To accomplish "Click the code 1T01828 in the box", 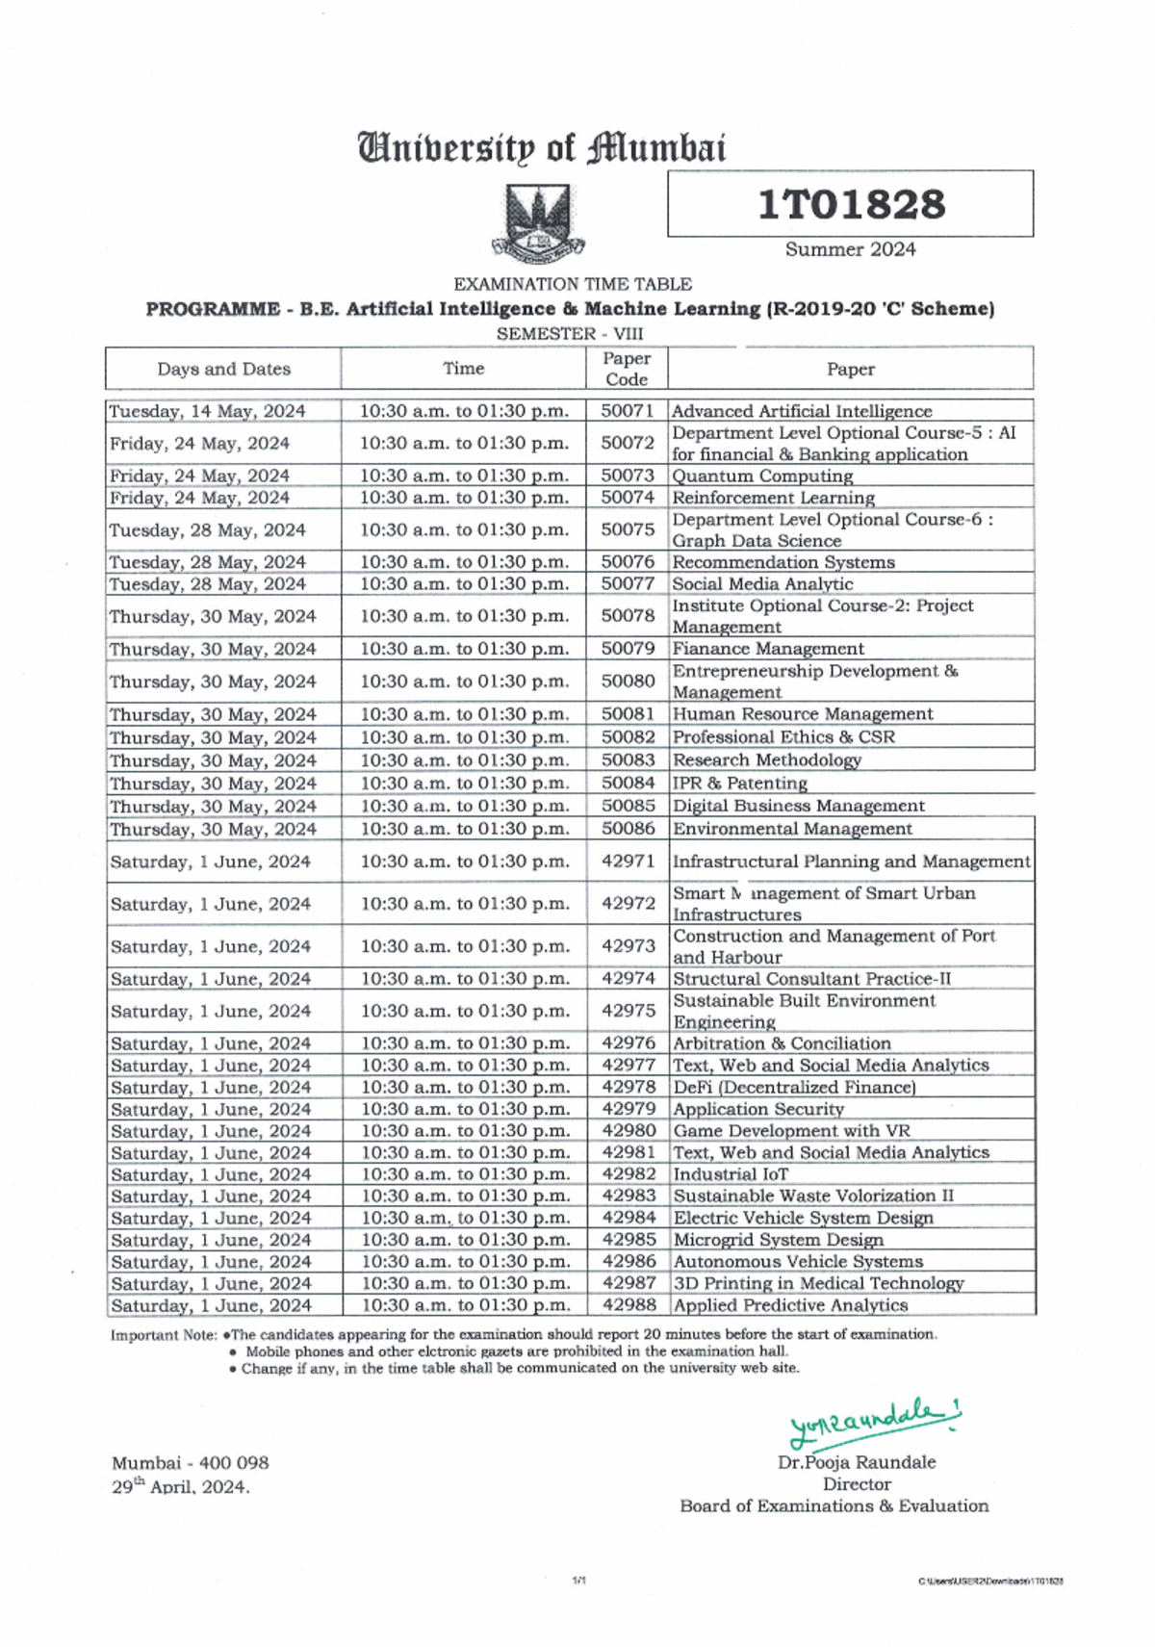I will pos(851,204).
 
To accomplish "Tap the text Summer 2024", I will pos(850,249).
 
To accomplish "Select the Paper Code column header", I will pos(627,369).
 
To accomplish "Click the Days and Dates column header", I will pos(223,369).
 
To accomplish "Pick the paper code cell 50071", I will pos(628,411).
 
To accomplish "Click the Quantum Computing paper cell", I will pos(762,476).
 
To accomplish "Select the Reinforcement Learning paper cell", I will pos(773,498).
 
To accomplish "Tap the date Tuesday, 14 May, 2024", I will pos(207,411).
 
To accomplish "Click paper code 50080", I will pos(628,681).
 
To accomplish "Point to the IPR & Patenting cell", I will pos(739,784).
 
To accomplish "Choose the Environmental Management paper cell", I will pos(792,829).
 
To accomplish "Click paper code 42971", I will pos(628,861).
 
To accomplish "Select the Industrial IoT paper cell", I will pos(731,1174).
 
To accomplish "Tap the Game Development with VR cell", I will pos(791,1131).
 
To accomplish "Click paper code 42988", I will pos(629,1305).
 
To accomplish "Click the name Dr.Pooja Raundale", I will pos(857,1462).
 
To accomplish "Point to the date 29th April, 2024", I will pos(180,1486).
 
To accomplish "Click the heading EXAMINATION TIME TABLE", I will pos(572,284).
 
